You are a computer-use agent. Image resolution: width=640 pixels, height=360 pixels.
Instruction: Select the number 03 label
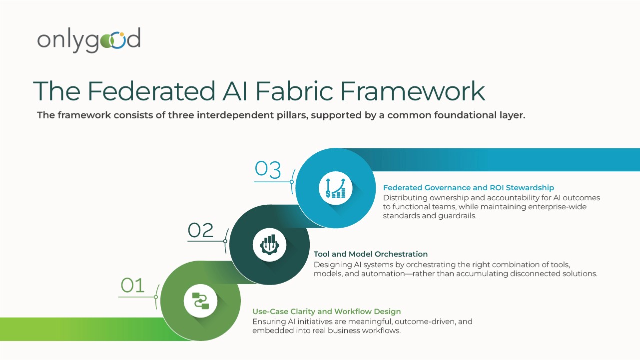268,170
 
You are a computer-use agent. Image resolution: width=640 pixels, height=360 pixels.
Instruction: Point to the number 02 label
201,230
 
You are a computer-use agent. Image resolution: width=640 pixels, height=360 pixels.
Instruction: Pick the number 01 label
132,286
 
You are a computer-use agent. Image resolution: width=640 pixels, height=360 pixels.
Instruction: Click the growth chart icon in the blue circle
336,188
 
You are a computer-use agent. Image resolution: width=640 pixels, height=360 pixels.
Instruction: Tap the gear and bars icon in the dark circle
269,244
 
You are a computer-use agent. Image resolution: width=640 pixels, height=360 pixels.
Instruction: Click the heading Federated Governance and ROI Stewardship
468,188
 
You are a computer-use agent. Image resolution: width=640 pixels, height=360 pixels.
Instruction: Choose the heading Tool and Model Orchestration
370,254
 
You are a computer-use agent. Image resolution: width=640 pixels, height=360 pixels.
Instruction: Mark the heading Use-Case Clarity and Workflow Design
326,312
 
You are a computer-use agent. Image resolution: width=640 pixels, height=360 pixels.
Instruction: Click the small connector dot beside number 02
225,241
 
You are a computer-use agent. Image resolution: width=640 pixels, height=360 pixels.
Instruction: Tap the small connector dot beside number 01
156,297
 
